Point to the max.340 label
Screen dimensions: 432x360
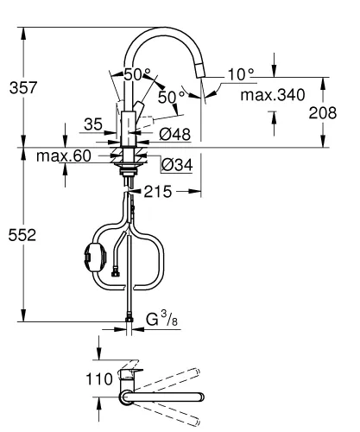coord(274,95)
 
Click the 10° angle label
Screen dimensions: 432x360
coord(240,75)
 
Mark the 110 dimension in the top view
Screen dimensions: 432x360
coord(101,378)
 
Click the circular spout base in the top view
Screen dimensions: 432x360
coord(127,397)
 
